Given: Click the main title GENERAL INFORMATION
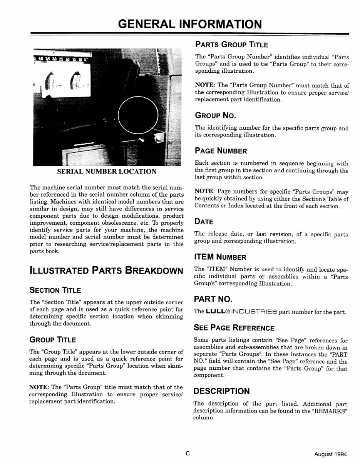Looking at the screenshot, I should [x=190, y=24].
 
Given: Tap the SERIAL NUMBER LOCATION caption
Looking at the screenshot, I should [x=107, y=172].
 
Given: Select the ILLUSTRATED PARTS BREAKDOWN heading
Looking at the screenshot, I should [x=106, y=270].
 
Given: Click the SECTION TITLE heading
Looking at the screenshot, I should [x=55, y=290].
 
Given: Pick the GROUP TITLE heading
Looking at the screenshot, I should [x=53, y=340].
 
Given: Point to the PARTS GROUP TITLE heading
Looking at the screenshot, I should [x=231, y=45].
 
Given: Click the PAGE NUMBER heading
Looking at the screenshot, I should [x=221, y=151].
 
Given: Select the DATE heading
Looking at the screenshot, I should [x=204, y=222].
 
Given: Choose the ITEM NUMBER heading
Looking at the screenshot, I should [x=221, y=257].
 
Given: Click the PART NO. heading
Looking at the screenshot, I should [x=213, y=299].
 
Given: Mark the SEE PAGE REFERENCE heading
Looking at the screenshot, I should [x=234, y=328].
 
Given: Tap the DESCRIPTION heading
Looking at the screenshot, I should [x=221, y=391].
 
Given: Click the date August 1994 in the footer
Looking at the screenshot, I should [x=330, y=454].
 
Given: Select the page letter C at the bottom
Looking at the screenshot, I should [x=188, y=454].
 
